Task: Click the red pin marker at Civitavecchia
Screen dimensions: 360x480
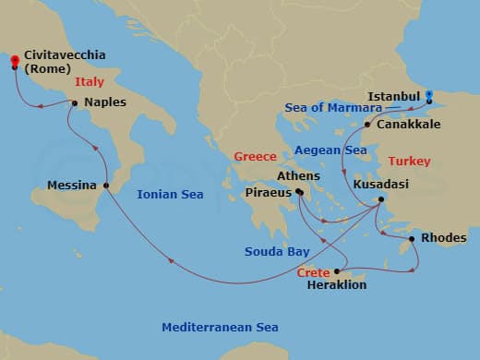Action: coord(15,63)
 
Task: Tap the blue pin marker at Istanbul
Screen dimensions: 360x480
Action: coord(429,95)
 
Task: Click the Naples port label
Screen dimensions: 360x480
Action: coord(105,102)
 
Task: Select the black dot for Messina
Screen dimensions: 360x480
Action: coord(106,186)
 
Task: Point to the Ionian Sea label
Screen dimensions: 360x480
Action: coord(169,194)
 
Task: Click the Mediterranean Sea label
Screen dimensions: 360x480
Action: coord(220,327)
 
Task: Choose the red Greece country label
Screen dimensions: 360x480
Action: coord(256,157)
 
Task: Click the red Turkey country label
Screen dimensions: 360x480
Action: coord(410,161)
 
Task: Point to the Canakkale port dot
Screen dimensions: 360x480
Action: coord(367,125)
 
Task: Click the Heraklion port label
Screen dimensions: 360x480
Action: coord(336,285)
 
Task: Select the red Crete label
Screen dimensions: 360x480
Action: coord(314,273)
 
